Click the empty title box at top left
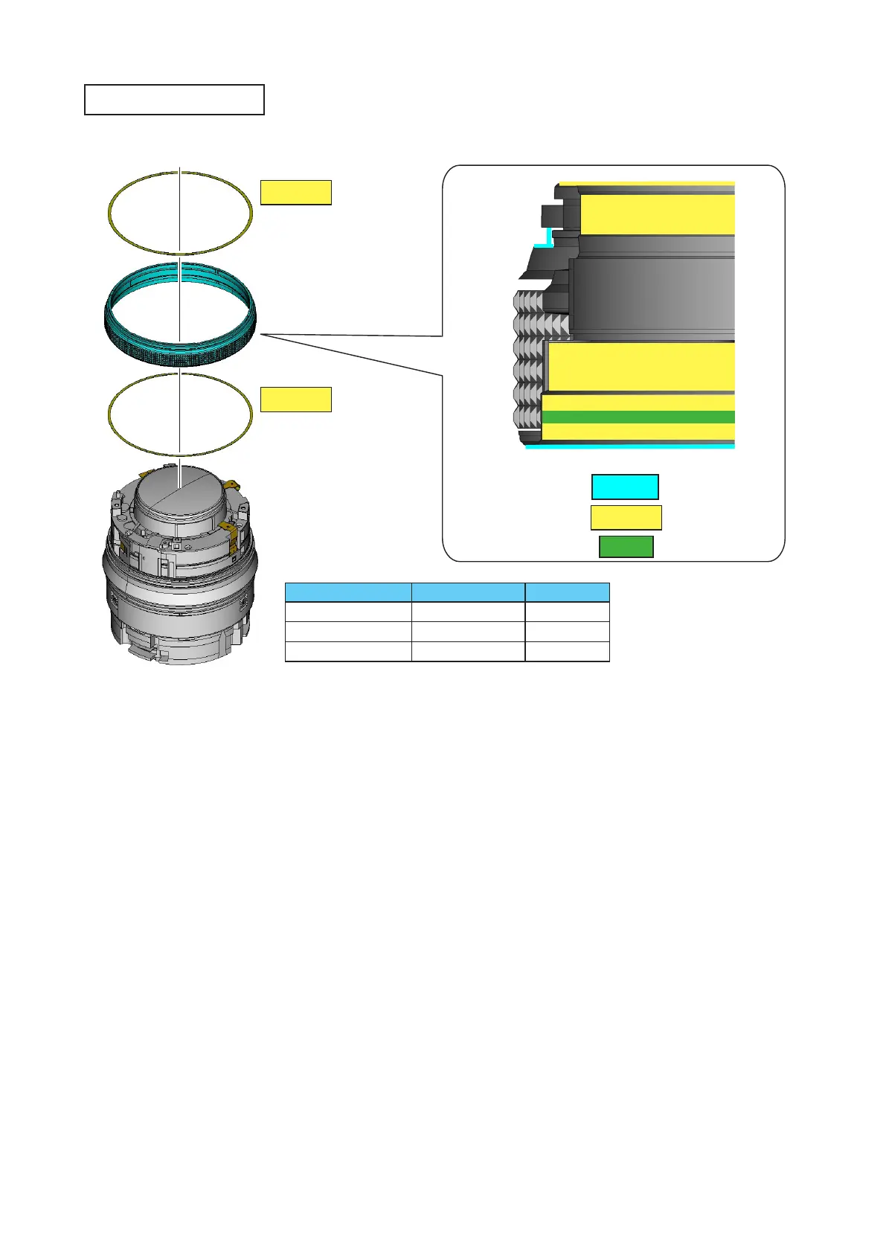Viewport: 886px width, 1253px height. [x=174, y=100]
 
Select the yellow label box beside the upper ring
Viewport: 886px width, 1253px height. [x=295, y=192]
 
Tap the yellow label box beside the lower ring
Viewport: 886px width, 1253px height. [x=295, y=400]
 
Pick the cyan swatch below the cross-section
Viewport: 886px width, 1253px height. [x=625, y=487]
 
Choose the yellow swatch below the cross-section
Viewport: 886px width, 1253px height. [x=626, y=518]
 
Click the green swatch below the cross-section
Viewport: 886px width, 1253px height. [x=626, y=547]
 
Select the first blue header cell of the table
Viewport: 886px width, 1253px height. [x=348, y=592]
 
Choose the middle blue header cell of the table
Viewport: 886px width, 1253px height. [x=468, y=592]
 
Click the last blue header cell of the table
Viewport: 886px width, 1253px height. [x=567, y=592]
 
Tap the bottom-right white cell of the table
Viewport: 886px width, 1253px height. [x=567, y=651]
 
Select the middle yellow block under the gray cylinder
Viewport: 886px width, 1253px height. [x=641, y=367]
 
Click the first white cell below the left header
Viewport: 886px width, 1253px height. [x=348, y=612]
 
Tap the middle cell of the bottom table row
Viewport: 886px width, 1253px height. [x=468, y=651]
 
